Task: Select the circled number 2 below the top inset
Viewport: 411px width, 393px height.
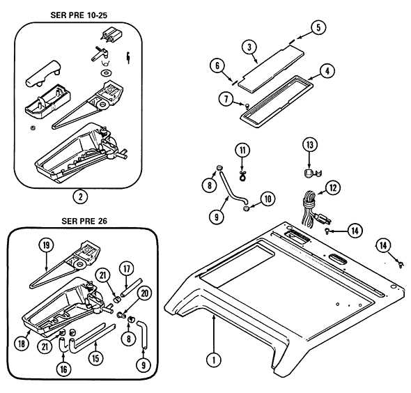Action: (x=82, y=196)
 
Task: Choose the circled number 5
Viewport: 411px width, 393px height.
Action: (x=318, y=28)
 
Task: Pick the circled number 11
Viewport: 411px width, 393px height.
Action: (x=242, y=150)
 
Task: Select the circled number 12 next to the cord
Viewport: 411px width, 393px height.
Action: (x=334, y=187)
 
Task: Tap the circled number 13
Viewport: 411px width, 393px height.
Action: (x=309, y=144)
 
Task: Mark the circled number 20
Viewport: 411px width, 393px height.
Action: (x=144, y=293)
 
